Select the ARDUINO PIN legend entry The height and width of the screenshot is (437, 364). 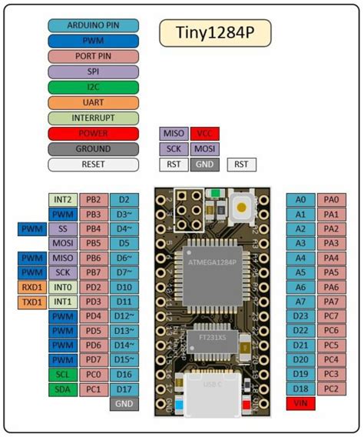point(93,25)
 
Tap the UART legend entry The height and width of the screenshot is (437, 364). point(93,102)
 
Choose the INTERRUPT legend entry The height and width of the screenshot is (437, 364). point(93,118)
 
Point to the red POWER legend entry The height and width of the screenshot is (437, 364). point(93,133)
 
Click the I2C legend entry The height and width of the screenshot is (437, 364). point(93,87)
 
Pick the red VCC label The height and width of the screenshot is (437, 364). point(204,133)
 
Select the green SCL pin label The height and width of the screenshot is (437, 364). point(62,375)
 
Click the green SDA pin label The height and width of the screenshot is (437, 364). point(62,389)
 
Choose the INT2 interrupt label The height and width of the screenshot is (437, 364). point(62,199)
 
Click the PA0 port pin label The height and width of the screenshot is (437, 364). point(331,199)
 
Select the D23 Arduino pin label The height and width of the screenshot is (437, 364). point(300,316)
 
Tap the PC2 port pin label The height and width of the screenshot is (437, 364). point(331,389)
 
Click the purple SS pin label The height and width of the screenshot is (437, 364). point(62,229)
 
